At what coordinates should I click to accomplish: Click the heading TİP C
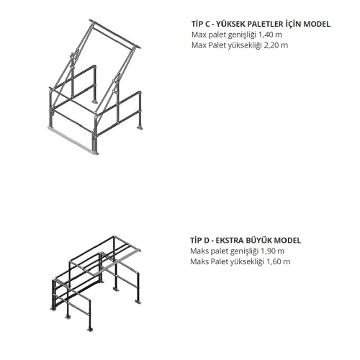201,24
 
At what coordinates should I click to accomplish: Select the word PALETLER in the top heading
265,24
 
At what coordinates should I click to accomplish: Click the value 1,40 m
270,35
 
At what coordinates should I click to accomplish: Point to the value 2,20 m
276,45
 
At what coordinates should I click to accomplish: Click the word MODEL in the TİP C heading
317,24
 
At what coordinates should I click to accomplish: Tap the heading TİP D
199,240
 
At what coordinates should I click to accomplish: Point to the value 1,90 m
272,251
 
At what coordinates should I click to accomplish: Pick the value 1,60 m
279,261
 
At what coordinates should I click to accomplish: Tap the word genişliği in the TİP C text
242,35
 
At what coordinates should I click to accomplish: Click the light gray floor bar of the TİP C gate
72,140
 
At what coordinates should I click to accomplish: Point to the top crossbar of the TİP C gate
115,35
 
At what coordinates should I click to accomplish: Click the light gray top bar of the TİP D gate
120,261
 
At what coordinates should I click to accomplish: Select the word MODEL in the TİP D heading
287,240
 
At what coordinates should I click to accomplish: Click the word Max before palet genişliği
199,35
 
